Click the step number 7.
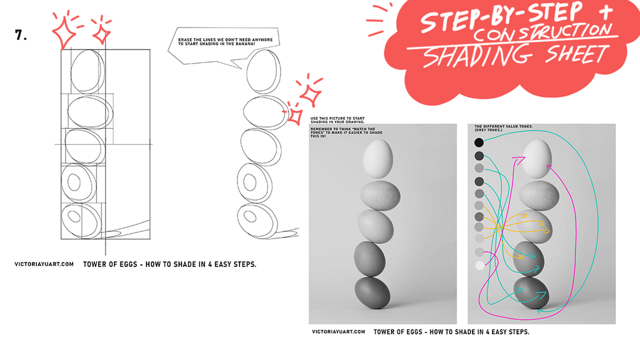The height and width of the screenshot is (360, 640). coord(20,35)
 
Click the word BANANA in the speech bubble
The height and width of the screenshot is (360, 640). coord(246,44)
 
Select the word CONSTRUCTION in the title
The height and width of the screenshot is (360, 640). coord(543,32)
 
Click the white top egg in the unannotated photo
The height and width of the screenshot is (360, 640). coord(378,159)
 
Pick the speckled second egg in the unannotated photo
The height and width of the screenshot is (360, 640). coord(380,196)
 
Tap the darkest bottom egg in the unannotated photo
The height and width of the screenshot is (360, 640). coord(373,292)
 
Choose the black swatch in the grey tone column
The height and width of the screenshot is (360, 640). coord(479,143)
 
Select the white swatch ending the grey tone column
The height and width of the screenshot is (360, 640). coord(480,266)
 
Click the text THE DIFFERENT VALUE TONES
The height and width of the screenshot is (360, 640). coord(504,127)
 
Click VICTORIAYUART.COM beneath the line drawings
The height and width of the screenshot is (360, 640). coord(44,264)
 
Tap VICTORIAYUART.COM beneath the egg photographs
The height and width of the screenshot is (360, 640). coord(338,332)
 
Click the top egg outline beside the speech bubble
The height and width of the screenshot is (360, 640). coord(263,72)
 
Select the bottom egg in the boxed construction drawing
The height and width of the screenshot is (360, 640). coord(81,220)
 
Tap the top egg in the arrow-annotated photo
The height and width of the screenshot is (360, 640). coord(537,159)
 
